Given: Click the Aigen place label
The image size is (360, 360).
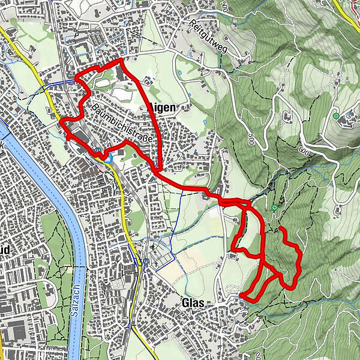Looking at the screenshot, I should [x=161, y=108].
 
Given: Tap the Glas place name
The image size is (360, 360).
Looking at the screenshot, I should [x=192, y=304].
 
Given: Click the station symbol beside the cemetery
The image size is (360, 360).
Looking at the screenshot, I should [x=146, y=262].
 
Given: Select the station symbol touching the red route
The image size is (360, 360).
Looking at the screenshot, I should [x=97, y=151].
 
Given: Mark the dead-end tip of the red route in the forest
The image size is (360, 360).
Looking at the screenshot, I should [x=281, y=229].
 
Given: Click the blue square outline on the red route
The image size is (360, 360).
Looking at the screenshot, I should [x=107, y=157].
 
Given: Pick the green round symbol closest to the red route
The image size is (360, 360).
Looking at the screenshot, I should [x=274, y=208].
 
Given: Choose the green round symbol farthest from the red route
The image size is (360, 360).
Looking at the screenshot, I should [x=336, y=115].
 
